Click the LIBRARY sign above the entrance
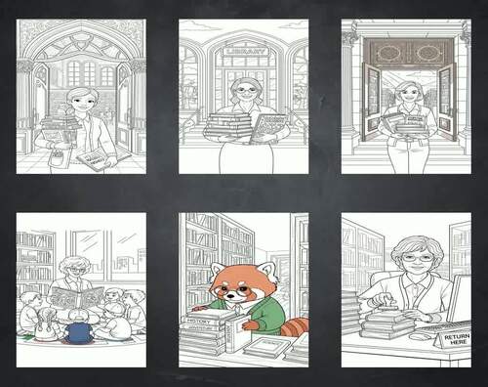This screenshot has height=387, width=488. tap(244, 51)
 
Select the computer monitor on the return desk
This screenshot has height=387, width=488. tap(457, 297)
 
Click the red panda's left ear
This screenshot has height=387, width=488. tap(217, 266)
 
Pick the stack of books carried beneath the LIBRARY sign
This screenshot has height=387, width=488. tap(226, 124)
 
